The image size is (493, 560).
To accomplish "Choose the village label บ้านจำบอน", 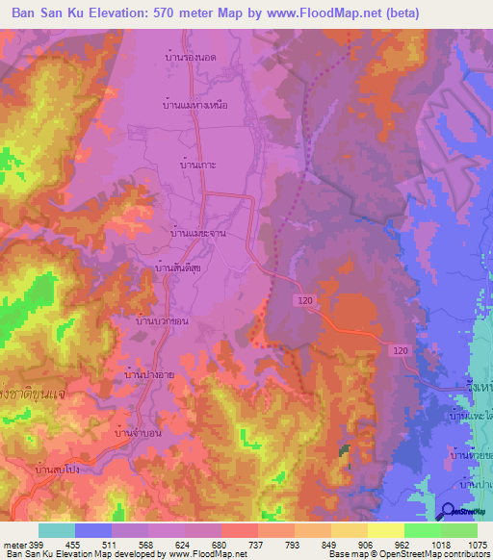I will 137,433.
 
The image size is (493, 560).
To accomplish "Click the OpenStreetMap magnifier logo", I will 449,511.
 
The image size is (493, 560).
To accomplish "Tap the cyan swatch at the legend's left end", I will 56,530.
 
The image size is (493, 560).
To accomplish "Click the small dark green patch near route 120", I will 344,449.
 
